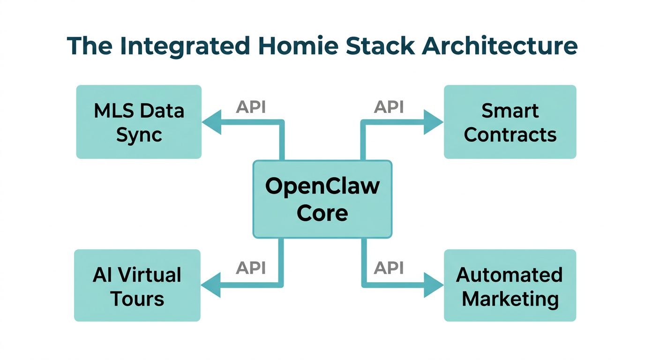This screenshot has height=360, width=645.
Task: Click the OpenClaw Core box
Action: pos(322,199)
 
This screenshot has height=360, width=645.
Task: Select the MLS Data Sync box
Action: pos(139,122)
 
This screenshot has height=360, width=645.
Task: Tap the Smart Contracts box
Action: pos(510,122)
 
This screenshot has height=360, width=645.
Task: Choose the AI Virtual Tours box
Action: pos(137,285)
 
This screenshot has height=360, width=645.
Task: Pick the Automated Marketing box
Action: pos(510,285)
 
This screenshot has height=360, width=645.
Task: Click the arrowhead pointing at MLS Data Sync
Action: pos(211,122)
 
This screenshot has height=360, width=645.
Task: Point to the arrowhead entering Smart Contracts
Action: pos(433,122)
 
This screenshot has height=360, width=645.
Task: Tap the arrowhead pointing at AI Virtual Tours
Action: pos(210,285)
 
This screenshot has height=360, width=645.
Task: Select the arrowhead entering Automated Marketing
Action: pos(433,285)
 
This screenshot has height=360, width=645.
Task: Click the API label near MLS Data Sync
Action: pos(251,107)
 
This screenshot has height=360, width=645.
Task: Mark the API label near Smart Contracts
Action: pos(389,107)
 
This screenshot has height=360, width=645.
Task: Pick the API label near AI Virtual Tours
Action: pos(251,268)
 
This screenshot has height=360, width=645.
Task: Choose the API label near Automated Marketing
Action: pos(389,268)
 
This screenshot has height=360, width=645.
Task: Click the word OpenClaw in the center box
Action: pos(322,186)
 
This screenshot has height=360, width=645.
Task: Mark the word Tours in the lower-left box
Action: pos(137,299)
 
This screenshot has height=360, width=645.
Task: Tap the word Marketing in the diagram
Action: pos(510,299)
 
